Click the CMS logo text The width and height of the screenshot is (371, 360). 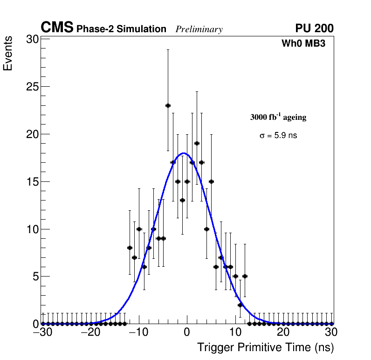(57, 28)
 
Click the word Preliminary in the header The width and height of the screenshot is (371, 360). (199, 29)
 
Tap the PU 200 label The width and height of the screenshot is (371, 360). (314, 28)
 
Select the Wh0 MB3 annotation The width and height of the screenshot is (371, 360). (303, 44)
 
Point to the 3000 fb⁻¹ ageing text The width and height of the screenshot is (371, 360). (278, 117)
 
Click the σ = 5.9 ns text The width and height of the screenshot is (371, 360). (278, 136)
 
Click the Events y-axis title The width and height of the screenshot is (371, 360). (8, 54)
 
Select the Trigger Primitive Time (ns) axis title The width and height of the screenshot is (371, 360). (265, 347)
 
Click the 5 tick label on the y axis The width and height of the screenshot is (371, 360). (34, 277)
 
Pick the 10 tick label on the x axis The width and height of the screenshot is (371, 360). (235, 333)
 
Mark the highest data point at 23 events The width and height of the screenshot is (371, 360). (168, 105)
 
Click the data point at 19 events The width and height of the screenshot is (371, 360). (197, 143)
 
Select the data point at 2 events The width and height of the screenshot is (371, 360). (240, 305)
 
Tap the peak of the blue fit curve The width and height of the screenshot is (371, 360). (184, 153)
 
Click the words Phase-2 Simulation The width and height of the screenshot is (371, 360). (121, 29)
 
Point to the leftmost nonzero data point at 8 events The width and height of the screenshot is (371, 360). (130, 248)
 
